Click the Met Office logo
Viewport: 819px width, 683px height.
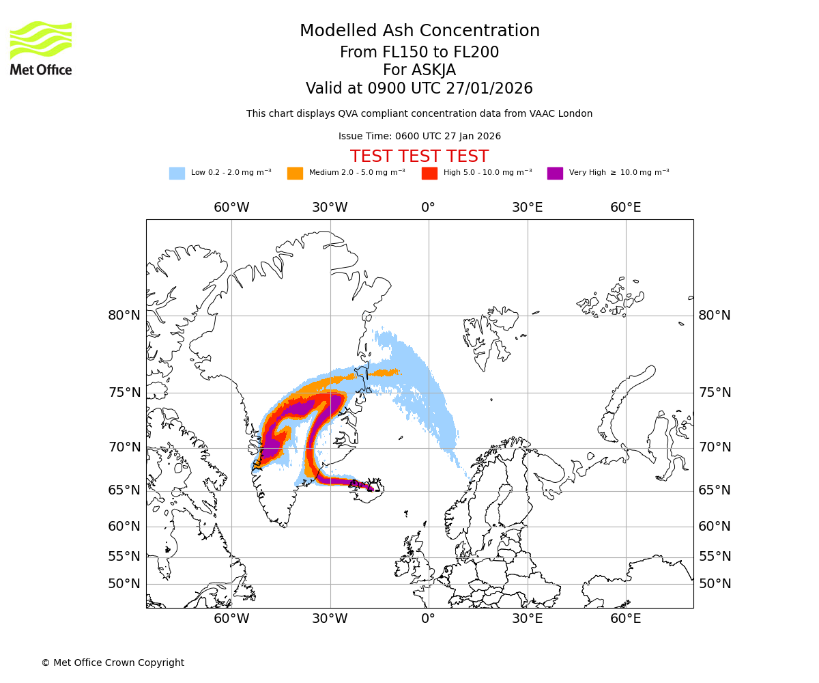[x=41, y=48]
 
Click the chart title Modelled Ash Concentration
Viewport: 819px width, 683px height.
[x=419, y=31]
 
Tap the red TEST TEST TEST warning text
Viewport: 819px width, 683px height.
[x=419, y=156]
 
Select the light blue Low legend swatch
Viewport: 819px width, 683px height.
[x=177, y=173]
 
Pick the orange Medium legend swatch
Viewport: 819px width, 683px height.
[x=295, y=173]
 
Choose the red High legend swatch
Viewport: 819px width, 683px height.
[x=429, y=173]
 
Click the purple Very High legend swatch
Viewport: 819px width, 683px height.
[x=555, y=173]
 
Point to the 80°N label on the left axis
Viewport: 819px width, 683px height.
[x=124, y=316]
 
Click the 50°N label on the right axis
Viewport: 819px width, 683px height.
[x=715, y=584]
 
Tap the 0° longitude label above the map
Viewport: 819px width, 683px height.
[x=428, y=208]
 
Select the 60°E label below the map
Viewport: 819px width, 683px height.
[x=625, y=619]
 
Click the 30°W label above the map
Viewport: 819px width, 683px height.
[x=330, y=208]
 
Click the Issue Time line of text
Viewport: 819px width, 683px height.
[x=419, y=137]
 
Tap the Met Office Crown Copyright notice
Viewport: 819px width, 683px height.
[x=113, y=663]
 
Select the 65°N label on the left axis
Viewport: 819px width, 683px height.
[x=124, y=490]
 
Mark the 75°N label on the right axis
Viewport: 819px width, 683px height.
[x=715, y=393]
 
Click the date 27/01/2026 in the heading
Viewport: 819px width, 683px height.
[x=489, y=89]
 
